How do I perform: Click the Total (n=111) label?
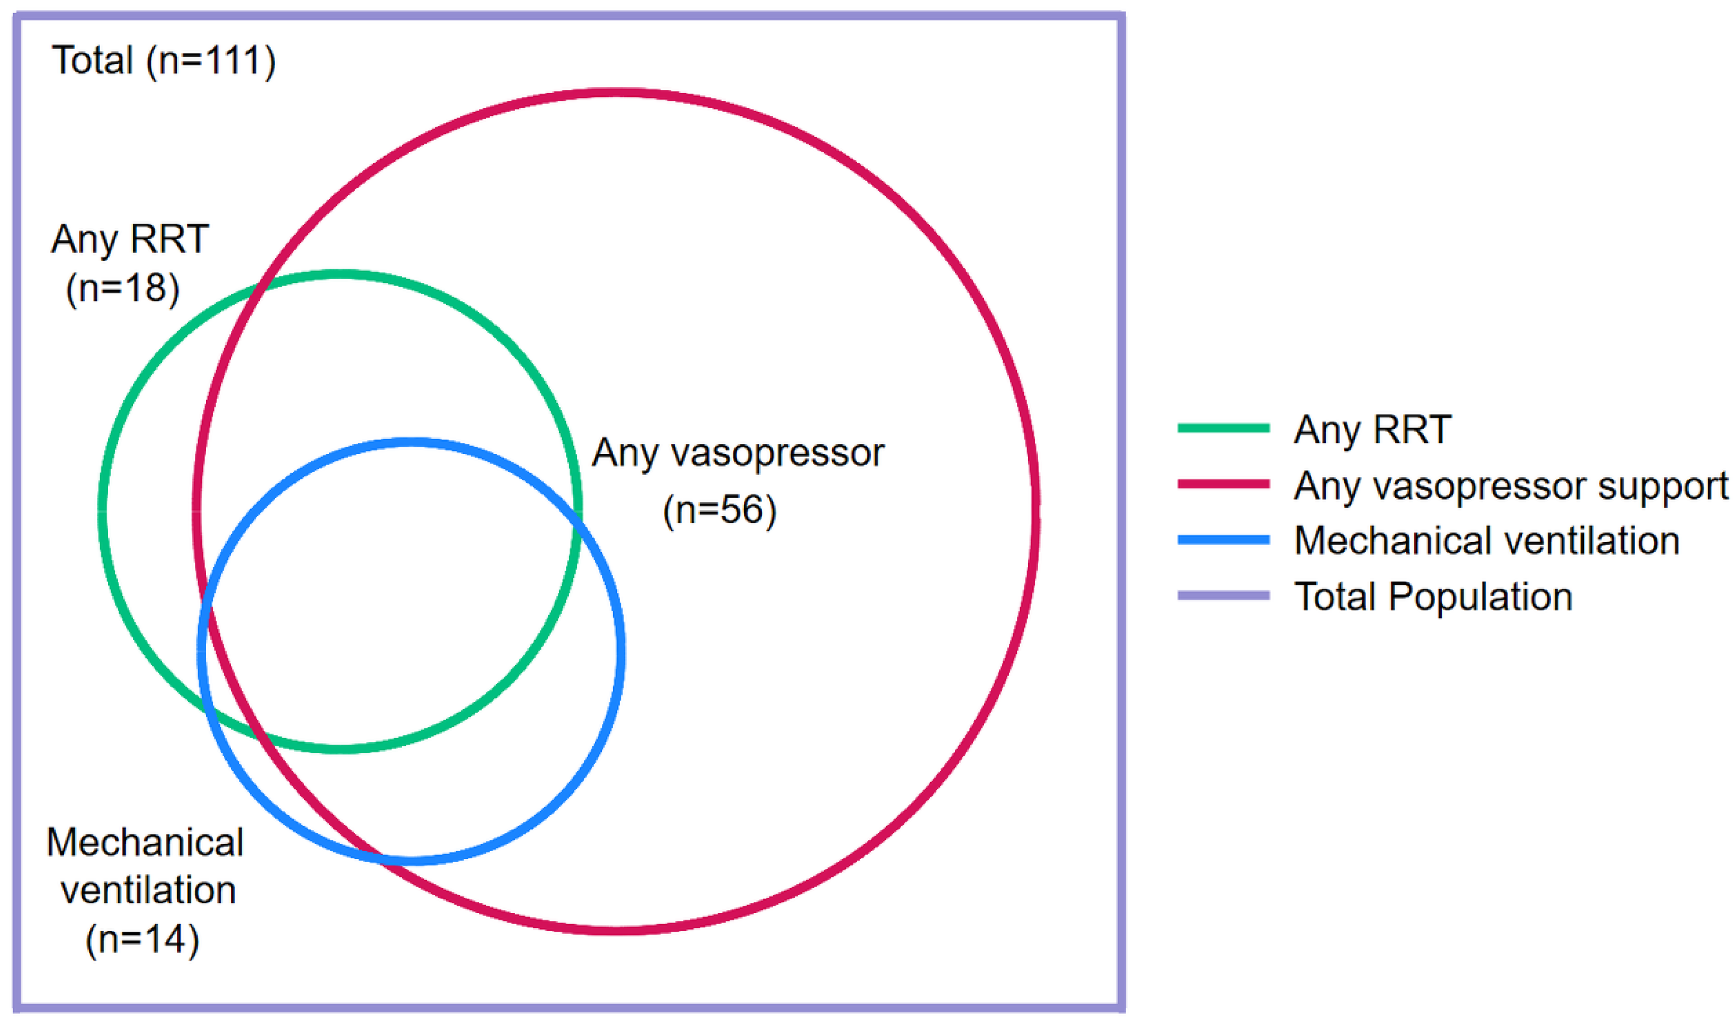(164, 60)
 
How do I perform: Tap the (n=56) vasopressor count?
(720, 510)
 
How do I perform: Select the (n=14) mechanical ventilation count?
(143, 939)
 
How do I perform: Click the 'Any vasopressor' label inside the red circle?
(738, 453)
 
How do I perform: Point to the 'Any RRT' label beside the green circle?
(129, 239)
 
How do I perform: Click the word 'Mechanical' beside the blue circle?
(145, 842)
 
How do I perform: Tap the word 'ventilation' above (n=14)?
(148, 891)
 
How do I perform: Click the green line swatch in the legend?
(1223, 428)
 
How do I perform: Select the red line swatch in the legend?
(1223, 484)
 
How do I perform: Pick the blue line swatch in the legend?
(1223, 540)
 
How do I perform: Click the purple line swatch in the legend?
(1223, 596)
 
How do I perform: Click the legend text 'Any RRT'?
(1373, 430)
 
